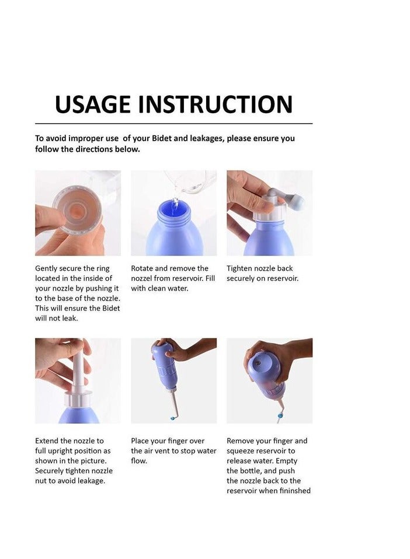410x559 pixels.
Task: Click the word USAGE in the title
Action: pos(92,104)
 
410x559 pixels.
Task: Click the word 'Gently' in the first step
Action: pos(47,268)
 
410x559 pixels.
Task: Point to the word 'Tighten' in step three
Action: pos(240,268)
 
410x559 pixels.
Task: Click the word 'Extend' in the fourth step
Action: pos(47,441)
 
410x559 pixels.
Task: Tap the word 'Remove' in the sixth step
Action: pos(240,441)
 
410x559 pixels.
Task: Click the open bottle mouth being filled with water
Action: pos(173,205)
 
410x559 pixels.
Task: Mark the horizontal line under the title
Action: pos(173,124)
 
